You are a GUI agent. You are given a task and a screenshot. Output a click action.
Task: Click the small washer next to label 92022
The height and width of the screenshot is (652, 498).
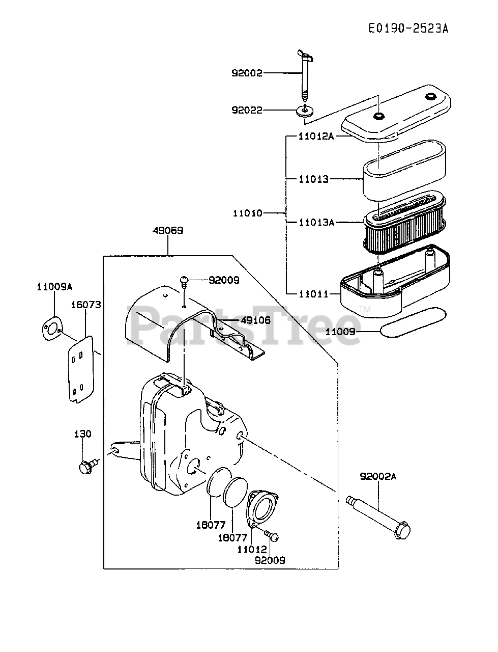304,111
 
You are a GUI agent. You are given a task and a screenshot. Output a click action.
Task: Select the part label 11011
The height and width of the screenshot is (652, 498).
313,294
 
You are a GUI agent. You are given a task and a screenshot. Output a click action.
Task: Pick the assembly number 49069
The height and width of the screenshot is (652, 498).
167,230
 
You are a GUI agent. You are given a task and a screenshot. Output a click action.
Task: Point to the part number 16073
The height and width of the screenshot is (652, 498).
86,305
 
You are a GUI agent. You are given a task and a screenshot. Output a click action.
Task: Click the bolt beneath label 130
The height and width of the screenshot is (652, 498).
86,466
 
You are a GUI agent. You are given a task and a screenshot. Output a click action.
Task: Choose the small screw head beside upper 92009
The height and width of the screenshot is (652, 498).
185,280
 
